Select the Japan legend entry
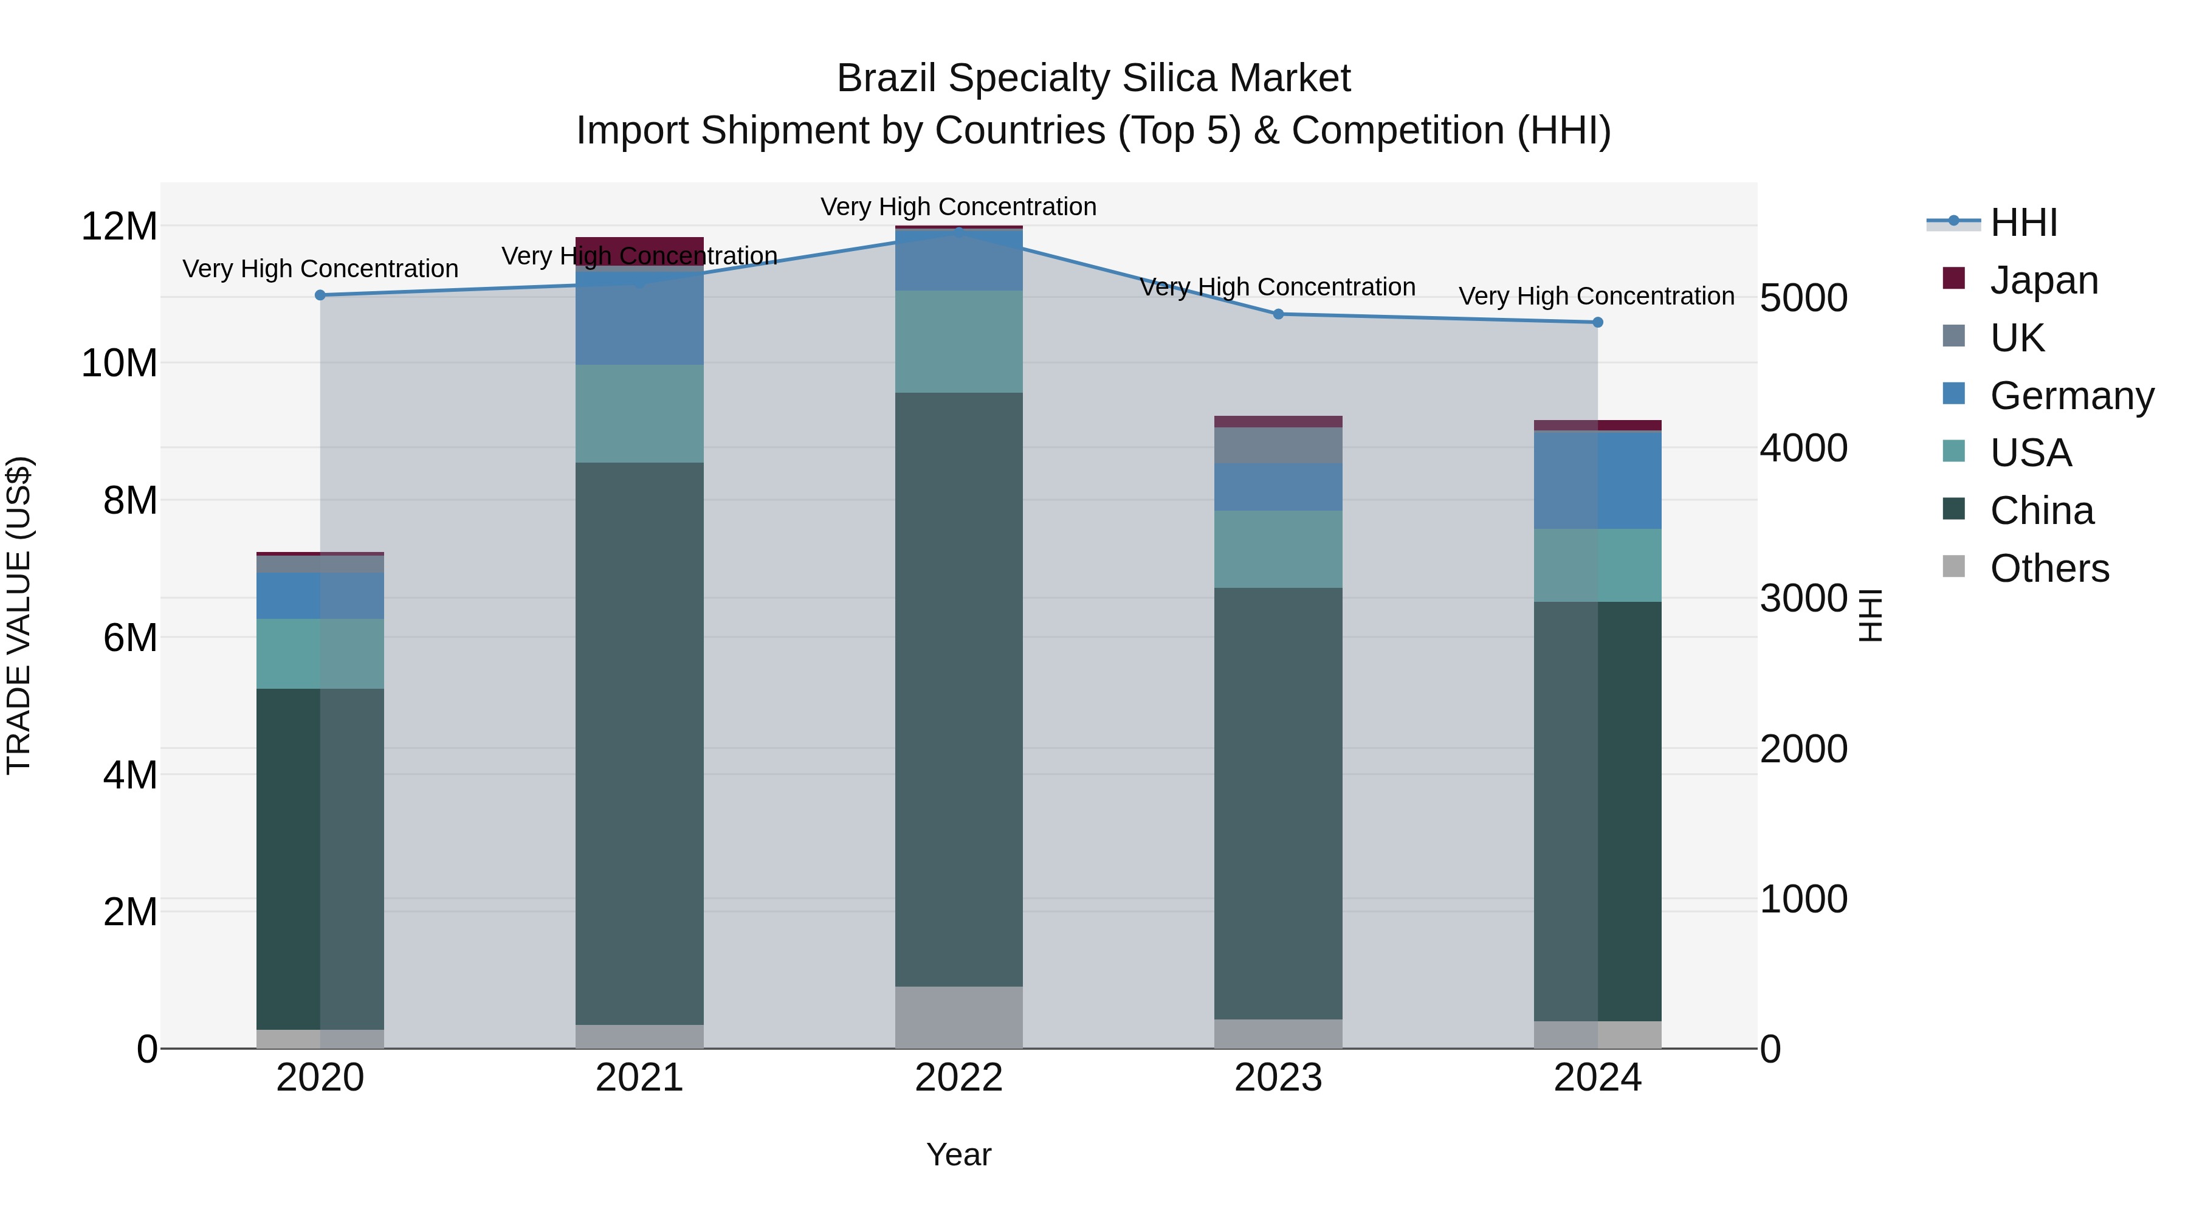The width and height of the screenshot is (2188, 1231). coord(2043,280)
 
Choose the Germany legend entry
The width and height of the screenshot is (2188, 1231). coord(2071,396)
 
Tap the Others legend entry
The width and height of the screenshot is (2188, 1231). coord(2049,568)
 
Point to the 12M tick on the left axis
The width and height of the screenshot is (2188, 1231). coord(119,227)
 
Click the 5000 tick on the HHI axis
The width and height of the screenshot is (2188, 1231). coord(1803,298)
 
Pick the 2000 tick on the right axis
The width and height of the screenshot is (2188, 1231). coord(1803,750)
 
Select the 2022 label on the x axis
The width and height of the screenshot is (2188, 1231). coord(958,1078)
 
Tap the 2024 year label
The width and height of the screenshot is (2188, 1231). coord(1597,1078)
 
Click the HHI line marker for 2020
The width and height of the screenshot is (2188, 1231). coord(320,295)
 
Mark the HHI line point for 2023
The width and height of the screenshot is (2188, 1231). coord(1278,314)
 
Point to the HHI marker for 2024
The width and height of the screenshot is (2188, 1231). coord(1597,323)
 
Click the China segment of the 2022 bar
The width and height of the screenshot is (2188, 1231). coord(958,688)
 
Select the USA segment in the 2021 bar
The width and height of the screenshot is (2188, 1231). coord(639,414)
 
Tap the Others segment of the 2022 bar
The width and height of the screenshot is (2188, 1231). coord(958,1017)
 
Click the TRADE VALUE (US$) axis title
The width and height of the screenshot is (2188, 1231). coord(19,615)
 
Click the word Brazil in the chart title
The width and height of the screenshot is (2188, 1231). coord(887,78)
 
